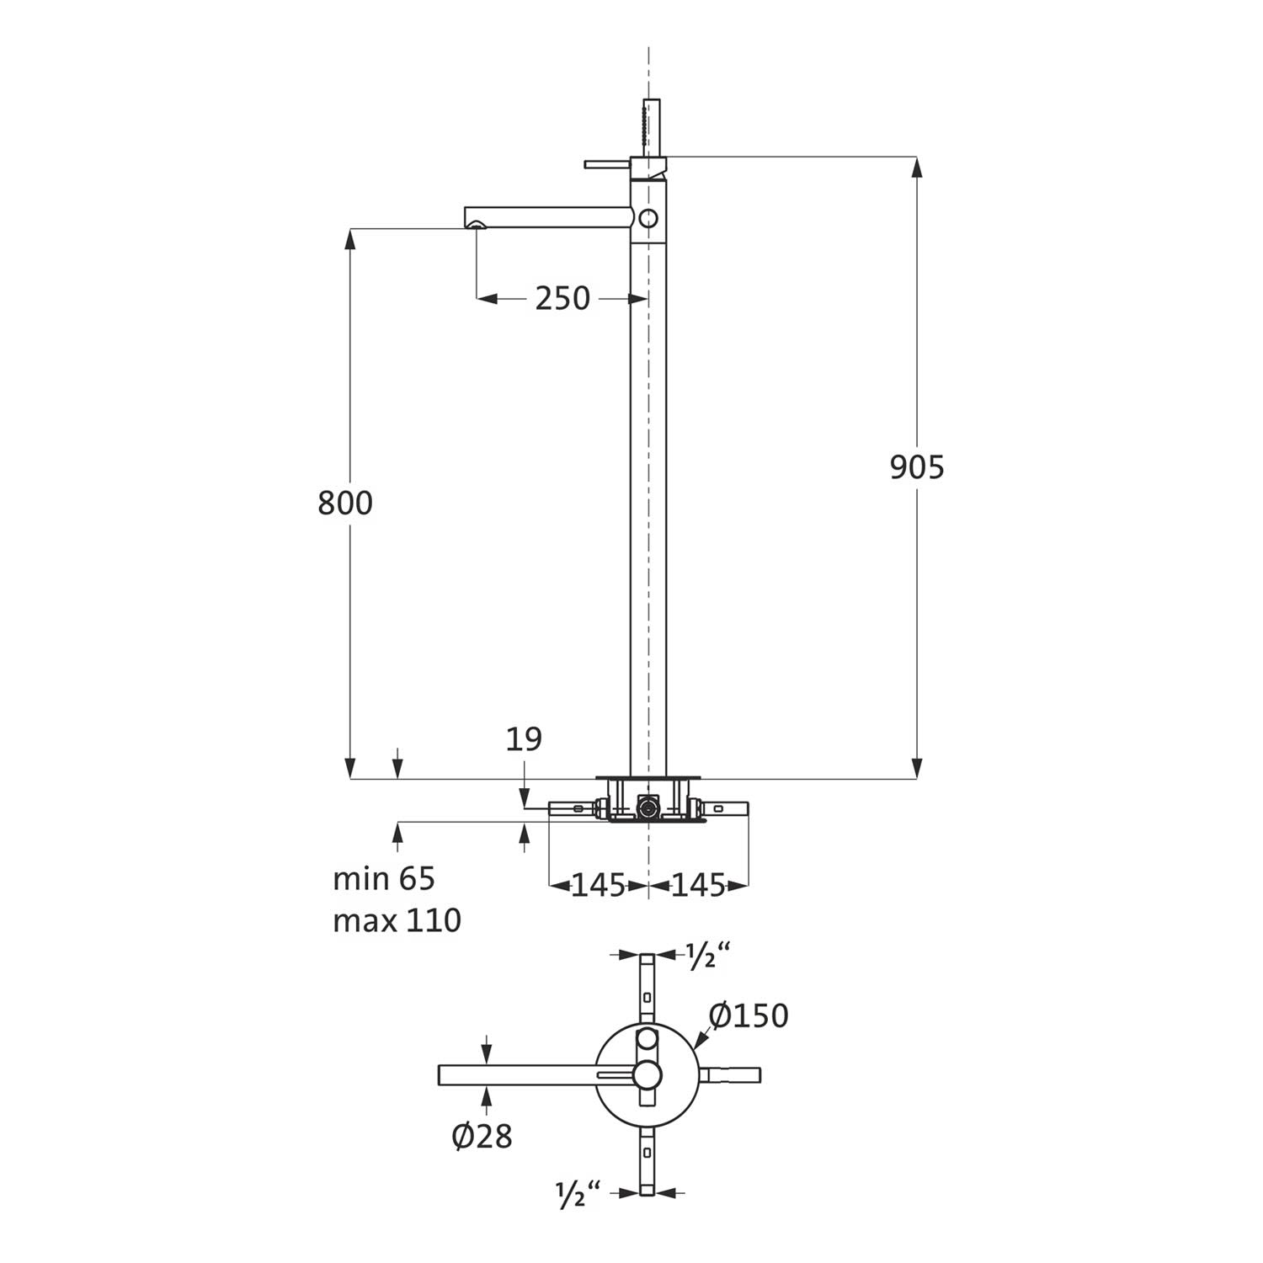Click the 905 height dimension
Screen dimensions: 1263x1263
point(917,467)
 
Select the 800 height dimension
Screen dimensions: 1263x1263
point(345,504)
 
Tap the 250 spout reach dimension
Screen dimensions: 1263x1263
point(562,298)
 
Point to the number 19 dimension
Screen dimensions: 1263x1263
point(524,739)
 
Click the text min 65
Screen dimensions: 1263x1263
point(384,879)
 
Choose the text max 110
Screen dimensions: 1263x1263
point(397,921)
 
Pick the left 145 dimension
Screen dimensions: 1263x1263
point(599,885)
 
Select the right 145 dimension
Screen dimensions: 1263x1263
point(698,885)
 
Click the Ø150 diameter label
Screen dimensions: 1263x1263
point(749,1015)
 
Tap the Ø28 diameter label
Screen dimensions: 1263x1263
point(482,1137)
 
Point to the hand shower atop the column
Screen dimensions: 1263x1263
point(648,128)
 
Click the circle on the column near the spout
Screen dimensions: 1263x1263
point(647,218)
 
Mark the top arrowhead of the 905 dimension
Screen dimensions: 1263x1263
point(918,167)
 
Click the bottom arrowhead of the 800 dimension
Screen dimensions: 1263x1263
point(349,769)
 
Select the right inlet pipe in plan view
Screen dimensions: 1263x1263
point(730,1074)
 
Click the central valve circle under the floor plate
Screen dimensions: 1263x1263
point(647,807)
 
